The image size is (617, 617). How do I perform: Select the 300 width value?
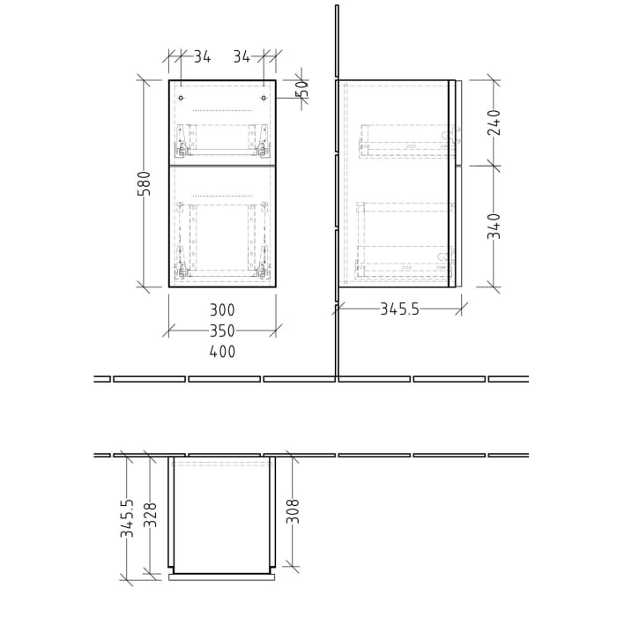(x=222, y=309)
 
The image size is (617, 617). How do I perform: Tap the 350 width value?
(x=222, y=331)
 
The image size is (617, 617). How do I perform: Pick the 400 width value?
(x=222, y=352)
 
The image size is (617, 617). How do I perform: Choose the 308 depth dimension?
(x=294, y=512)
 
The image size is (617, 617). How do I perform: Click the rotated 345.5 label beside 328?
(x=128, y=518)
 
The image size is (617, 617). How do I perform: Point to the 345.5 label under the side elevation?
(x=398, y=308)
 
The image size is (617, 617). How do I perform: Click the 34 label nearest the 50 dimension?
(x=242, y=57)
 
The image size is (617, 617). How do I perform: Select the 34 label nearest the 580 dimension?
(x=202, y=57)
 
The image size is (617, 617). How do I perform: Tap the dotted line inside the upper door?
(x=222, y=111)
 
